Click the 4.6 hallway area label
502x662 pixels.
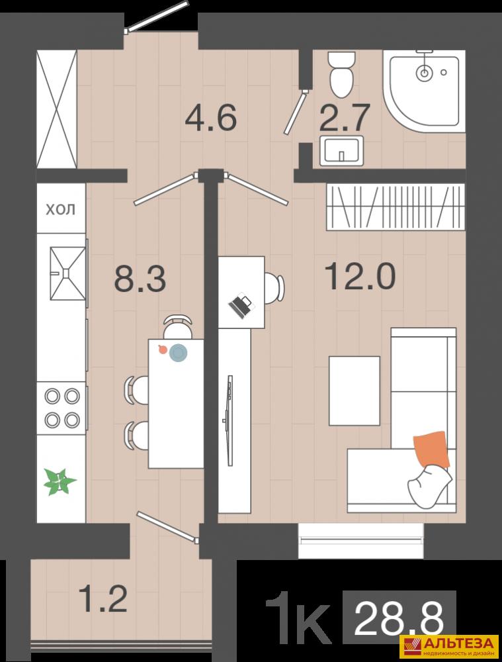coord(210,118)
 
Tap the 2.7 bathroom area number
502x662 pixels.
coord(345,118)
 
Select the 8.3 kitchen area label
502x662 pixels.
coord(140,278)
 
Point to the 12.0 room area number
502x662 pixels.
coord(360,275)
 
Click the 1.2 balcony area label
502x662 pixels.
coord(104,598)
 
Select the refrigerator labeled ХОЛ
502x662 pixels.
coord(61,208)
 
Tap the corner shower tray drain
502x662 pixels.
coord(424,73)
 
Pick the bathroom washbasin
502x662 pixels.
coord(342,150)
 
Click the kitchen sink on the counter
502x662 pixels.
coord(68,273)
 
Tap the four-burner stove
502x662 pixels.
coord(62,408)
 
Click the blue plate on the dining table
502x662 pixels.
coord(179,353)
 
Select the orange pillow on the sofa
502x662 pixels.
coord(430,449)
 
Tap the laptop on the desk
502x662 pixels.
coord(241,305)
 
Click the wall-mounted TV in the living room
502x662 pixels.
coord(229,420)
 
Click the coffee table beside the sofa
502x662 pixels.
coord(355,391)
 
